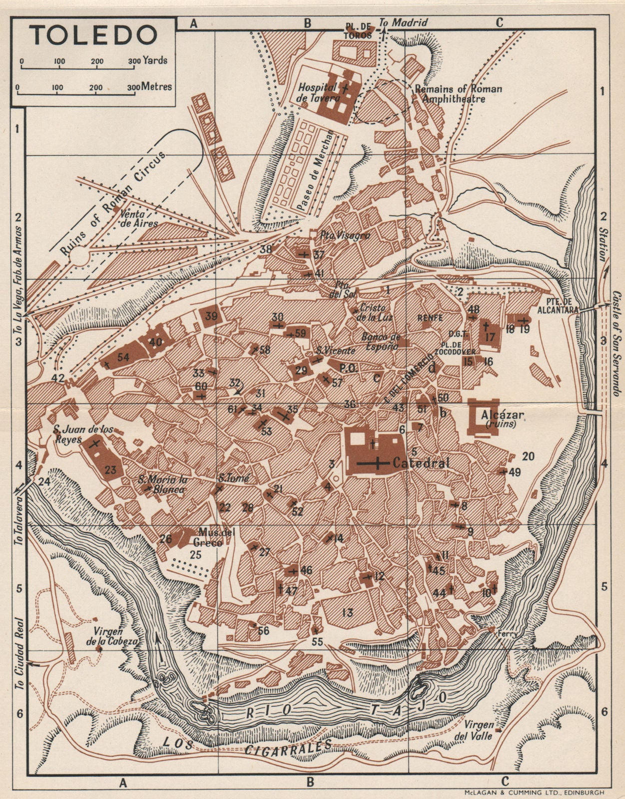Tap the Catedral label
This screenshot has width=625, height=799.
(x=421, y=463)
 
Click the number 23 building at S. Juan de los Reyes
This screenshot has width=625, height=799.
(x=110, y=469)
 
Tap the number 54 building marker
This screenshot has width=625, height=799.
(x=123, y=358)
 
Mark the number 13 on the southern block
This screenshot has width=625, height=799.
(x=348, y=612)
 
